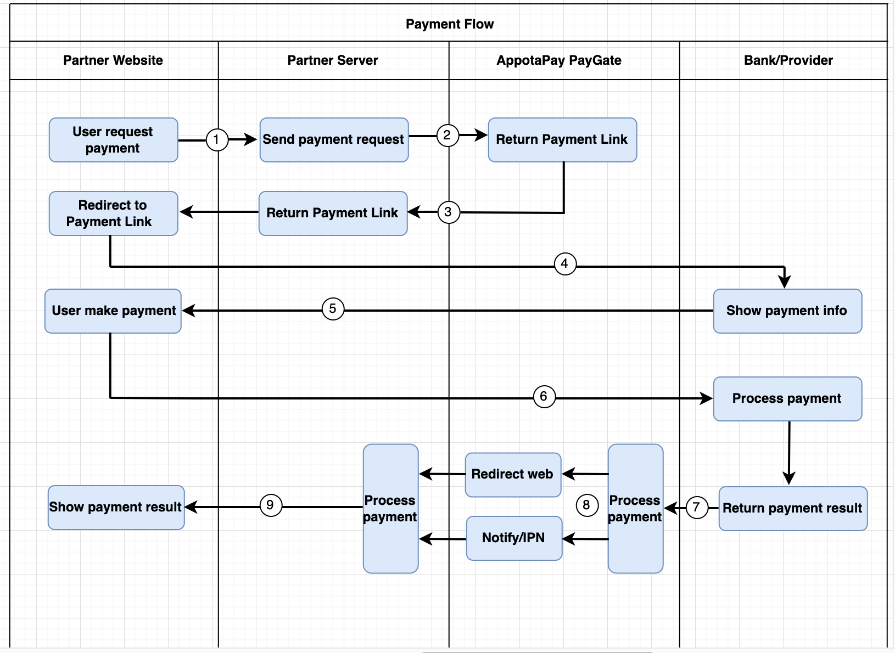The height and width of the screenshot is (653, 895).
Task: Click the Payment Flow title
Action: click(x=449, y=24)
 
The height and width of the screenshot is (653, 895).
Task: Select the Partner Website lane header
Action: click(x=113, y=60)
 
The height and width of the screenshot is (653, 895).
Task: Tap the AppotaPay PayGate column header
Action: click(x=558, y=60)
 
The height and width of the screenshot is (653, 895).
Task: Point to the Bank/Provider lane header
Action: click(x=788, y=60)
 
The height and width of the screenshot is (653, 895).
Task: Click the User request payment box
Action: click(x=113, y=140)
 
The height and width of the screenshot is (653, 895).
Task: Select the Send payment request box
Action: click(x=333, y=140)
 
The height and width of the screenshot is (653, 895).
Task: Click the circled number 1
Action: click(x=217, y=139)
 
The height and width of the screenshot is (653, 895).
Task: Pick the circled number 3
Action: click(x=448, y=212)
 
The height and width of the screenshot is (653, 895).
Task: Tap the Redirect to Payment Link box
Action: click(x=113, y=213)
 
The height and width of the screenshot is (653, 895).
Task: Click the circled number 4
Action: click(x=564, y=263)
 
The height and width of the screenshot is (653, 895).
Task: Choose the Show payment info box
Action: click(x=787, y=311)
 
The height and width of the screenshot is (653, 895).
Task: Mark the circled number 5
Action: click(x=333, y=309)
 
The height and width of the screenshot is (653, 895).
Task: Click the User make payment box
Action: click(x=113, y=311)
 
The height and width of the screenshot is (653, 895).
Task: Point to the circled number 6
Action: click(x=544, y=396)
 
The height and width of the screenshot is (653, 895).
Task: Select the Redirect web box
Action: click(x=512, y=475)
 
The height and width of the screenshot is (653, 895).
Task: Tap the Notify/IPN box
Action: click(x=513, y=538)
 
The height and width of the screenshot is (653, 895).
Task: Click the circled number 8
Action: click(x=586, y=505)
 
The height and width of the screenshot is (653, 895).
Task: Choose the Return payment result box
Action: click(x=792, y=508)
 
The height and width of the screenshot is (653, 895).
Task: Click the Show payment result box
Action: click(x=115, y=507)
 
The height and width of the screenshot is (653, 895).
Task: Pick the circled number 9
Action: click(x=270, y=505)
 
